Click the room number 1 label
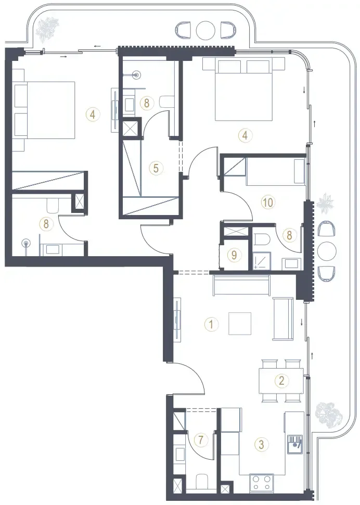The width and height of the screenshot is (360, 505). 211,324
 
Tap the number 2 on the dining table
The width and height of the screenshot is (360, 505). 281,381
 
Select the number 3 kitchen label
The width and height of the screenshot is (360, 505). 261,445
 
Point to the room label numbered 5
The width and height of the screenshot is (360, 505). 156,168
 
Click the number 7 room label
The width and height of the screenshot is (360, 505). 201,439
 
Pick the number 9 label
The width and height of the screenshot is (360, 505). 234,255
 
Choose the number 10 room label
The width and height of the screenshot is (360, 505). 268,202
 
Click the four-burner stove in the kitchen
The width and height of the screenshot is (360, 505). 262,482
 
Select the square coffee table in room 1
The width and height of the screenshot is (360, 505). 240,324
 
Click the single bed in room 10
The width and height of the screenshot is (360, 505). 275,172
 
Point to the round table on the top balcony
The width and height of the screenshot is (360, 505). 205,30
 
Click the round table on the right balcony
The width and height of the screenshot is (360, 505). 327,250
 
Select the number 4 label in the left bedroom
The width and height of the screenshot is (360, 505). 93,114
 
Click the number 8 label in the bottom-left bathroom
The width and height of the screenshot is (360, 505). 46,223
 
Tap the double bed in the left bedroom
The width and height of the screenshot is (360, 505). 45,110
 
